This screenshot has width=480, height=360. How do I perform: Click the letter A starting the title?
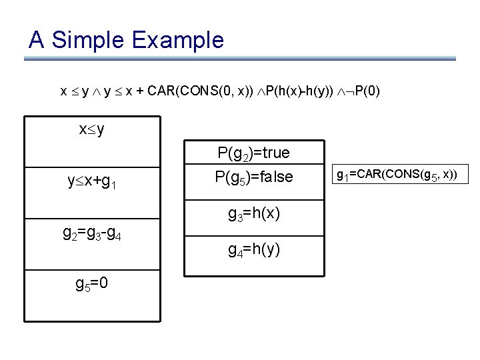click(x=37, y=40)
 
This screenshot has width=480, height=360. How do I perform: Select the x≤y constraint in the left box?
click(x=91, y=129)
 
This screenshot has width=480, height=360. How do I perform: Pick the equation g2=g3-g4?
click(x=92, y=234)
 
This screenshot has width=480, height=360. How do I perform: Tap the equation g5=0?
click(x=92, y=284)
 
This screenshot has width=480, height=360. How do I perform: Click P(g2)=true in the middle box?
click(x=254, y=153)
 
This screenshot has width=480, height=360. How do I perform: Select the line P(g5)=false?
click(x=254, y=177)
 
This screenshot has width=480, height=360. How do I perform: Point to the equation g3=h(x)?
click(x=254, y=214)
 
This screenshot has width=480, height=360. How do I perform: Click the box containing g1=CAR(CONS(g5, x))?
click(x=397, y=176)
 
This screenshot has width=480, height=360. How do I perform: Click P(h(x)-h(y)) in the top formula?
click(x=303, y=90)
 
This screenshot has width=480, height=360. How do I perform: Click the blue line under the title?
click(x=240, y=59)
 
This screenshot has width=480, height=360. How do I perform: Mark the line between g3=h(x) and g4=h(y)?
click(x=254, y=235)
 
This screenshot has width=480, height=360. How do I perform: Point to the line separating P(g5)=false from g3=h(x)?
click(x=254, y=197)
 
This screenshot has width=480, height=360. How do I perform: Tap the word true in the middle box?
click(x=275, y=153)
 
